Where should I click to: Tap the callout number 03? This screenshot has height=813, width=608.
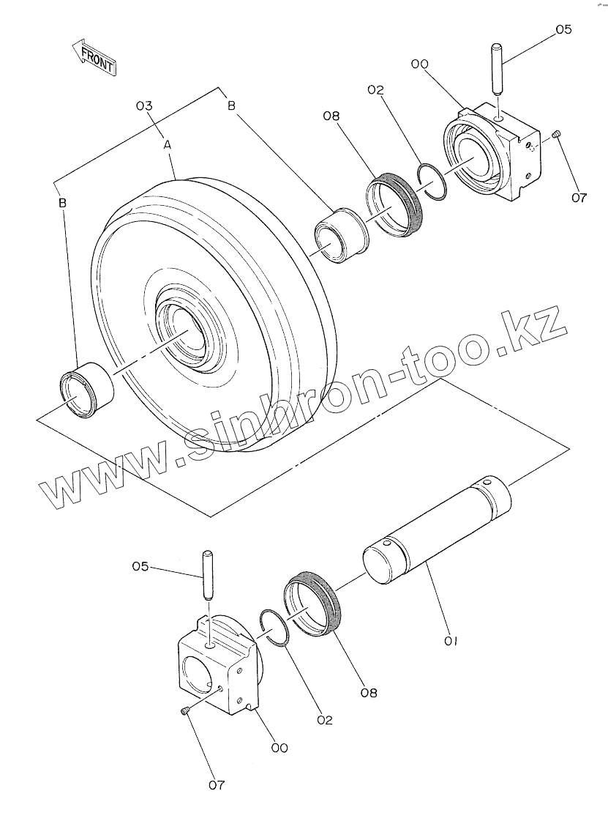coord(144,106)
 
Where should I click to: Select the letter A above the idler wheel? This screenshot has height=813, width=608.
coord(168,146)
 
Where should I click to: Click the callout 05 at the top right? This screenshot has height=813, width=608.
coord(563,30)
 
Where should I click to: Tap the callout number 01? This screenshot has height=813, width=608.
coord(450,641)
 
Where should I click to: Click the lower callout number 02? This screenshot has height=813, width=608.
coord(325,720)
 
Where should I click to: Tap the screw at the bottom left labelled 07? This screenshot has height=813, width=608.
coord(185,710)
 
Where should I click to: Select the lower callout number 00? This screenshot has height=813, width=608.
coord(279,748)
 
